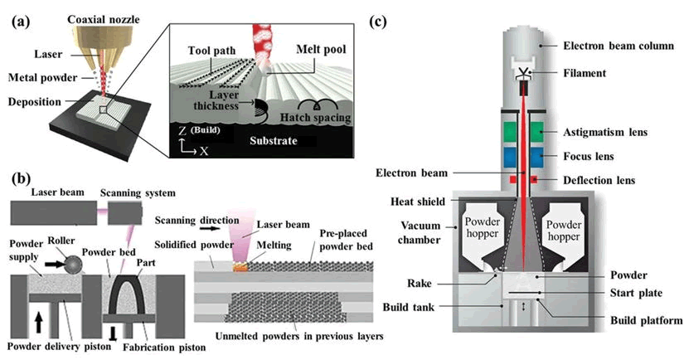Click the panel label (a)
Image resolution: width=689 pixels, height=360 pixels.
point(19,23)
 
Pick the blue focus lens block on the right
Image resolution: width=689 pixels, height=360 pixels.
point(530,156)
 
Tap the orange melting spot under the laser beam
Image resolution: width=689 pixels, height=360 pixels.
point(241,267)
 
